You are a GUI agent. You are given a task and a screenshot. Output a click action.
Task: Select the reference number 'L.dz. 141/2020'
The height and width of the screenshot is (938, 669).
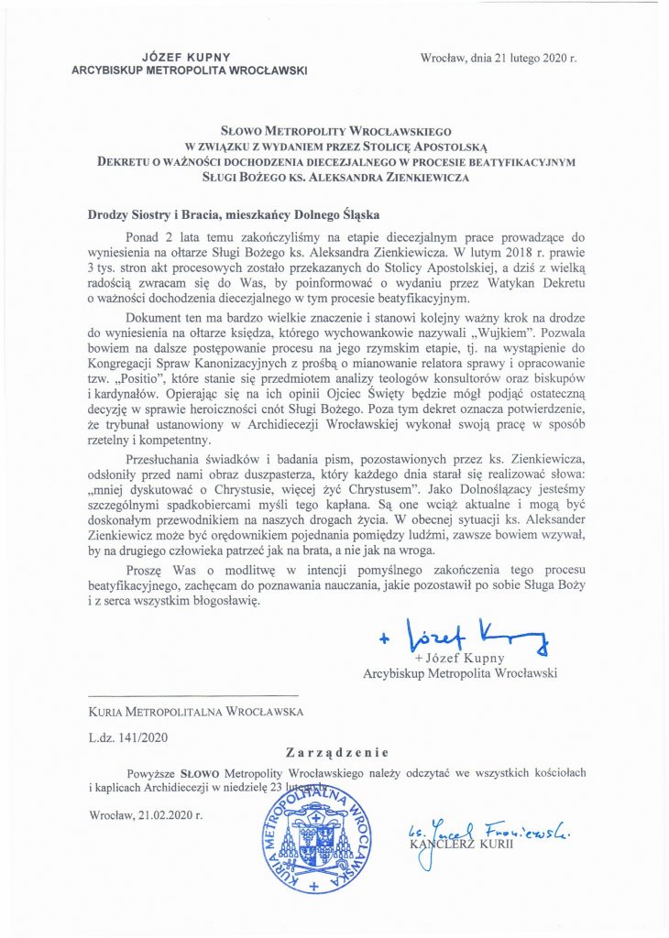[127, 735]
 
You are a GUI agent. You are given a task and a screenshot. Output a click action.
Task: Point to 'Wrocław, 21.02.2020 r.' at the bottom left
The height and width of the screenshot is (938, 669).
[146, 813]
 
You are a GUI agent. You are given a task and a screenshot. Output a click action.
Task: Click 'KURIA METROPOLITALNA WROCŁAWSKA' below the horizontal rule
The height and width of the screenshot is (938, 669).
[196, 710]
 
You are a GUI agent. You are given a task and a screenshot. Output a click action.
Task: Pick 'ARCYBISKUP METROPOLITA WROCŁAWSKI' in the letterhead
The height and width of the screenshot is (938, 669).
[190, 71]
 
